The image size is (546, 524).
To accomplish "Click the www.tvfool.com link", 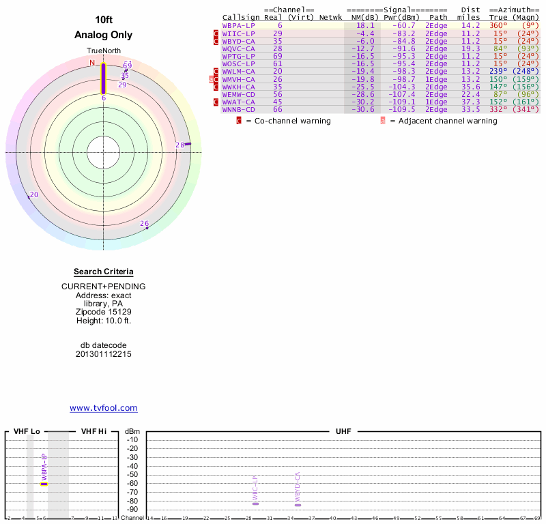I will (x=104, y=408).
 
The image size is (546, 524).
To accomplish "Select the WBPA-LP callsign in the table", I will (x=239, y=25).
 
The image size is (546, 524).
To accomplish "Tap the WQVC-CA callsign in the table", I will (x=239, y=48).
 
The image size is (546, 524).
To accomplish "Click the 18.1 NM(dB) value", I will (x=365, y=25).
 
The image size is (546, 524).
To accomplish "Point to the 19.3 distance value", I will (x=470, y=48).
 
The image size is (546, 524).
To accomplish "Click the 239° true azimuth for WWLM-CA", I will (x=498, y=71).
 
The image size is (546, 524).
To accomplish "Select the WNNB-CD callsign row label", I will (x=239, y=109).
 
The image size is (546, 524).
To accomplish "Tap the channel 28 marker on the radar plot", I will (x=187, y=143).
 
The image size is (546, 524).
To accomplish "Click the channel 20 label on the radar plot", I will (x=34, y=195).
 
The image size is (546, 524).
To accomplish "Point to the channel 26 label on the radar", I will (x=144, y=223).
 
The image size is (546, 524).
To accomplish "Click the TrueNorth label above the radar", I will (x=103, y=51).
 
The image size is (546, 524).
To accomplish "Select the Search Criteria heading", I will (x=104, y=272).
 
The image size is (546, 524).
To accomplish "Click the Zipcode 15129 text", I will (x=104, y=312).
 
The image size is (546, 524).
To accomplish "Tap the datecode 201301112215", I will (x=104, y=354).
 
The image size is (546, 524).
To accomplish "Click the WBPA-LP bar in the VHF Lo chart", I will (x=44, y=483).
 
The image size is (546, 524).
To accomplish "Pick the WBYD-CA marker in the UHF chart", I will (x=298, y=504).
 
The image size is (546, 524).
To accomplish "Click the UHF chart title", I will (x=342, y=432).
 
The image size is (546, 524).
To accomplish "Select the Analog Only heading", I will (x=104, y=35).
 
